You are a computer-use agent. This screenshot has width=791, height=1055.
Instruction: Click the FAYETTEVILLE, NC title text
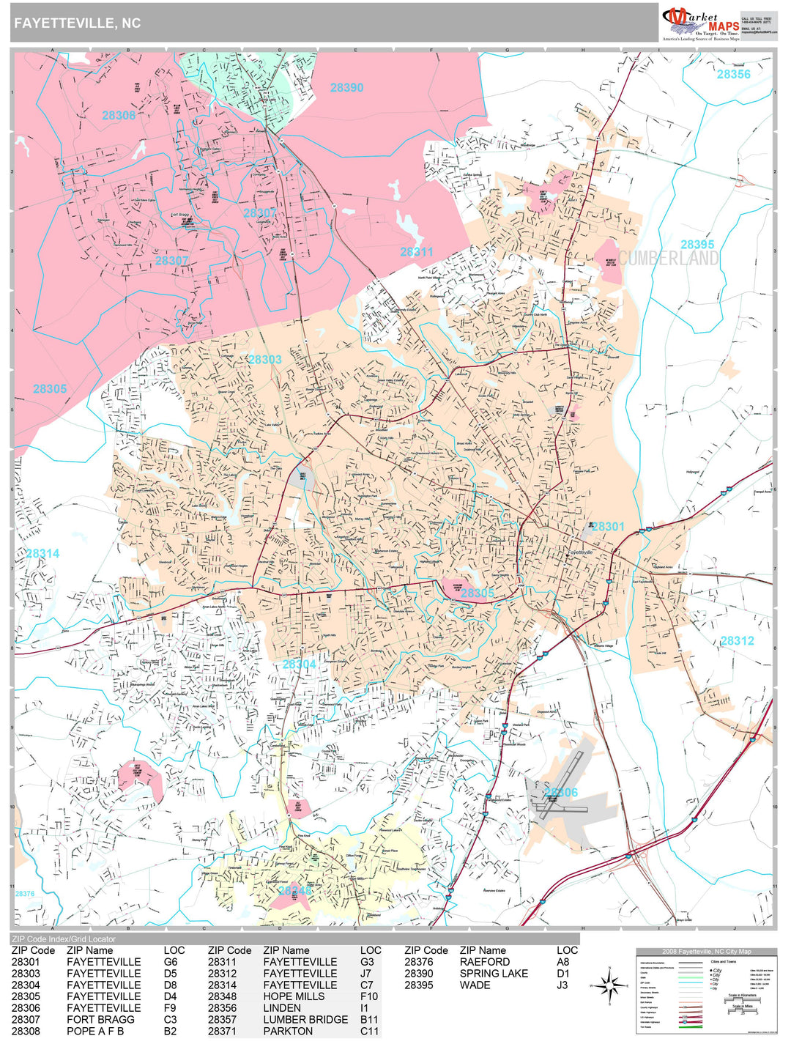tap(77, 23)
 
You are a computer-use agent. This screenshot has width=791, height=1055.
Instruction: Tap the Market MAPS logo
tap(699, 23)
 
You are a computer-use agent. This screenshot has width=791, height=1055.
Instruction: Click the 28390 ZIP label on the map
tap(346, 88)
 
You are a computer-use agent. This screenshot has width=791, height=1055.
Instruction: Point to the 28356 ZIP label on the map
tap(733, 75)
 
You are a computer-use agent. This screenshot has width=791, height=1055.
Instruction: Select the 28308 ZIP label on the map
tap(119, 116)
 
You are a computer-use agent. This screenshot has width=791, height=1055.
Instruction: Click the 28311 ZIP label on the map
tap(417, 252)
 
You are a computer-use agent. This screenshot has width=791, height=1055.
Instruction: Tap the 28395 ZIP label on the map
tap(697, 245)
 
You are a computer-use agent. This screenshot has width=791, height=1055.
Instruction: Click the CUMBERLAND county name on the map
tap(669, 259)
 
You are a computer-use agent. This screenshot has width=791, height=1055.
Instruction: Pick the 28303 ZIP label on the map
tap(265, 360)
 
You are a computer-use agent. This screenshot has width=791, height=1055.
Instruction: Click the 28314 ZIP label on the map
tap(42, 554)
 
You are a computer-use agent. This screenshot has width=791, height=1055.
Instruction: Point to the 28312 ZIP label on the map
tap(737, 641)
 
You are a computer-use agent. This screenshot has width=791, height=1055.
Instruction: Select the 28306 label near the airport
tap(561, 793)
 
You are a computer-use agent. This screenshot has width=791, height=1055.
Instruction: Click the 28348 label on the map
tap(294, 891)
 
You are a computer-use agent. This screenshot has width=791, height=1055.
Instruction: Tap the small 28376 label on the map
tap(25, 894)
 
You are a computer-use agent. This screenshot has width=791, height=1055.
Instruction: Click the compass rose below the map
tap(609, 986)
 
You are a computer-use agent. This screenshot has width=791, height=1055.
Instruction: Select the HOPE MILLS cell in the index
tap(294, 996)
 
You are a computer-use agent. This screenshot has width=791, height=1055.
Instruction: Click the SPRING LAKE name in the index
tap(494, 974)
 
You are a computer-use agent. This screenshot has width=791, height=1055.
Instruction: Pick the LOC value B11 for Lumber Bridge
tap(369, 1020)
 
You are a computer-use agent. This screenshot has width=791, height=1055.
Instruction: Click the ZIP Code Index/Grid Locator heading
tap(63, 939)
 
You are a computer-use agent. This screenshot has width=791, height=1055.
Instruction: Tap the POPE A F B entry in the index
tap(95, 1032)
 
